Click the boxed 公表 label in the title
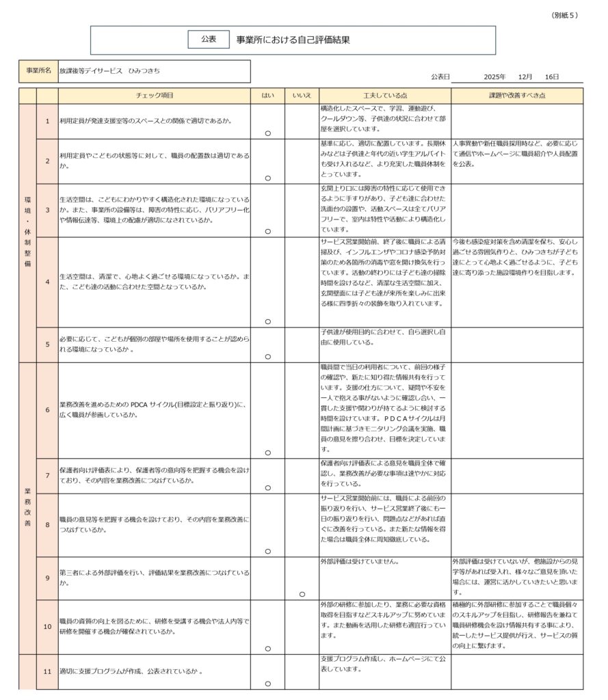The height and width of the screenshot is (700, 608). click(209, 40)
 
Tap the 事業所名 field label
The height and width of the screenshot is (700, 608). click(38, 71)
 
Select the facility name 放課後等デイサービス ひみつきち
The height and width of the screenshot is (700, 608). click(109, 71)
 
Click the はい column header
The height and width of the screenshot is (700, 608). click(267, 96)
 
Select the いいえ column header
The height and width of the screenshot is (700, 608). click(302, 96)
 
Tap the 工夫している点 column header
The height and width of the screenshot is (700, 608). click(384, 96)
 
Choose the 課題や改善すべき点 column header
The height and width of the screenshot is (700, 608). click(517, 96)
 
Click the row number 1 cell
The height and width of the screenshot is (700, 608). click(47, 122)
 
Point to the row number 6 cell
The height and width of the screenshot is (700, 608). click(47, 410)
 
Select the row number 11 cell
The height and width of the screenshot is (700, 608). click(47, 671)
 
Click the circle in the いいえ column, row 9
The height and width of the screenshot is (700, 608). click(302, 594)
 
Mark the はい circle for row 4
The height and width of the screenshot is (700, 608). click(267, 321)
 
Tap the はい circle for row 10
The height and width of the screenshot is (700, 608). click(267, 648)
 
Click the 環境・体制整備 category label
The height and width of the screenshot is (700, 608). click(27, 232)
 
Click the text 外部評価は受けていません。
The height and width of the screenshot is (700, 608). click(360, 562)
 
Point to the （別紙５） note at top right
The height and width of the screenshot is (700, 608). click(564, 15)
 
